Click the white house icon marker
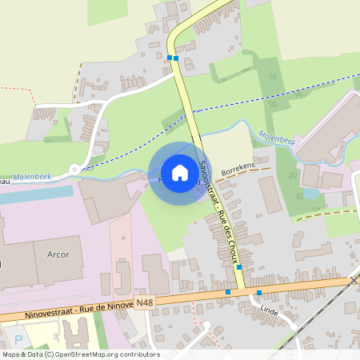pos(179,172)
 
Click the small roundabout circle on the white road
pos(74,169)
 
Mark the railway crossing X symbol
pos(354,281)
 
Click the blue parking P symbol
pos(18,339)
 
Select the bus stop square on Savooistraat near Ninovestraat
pos(239,268)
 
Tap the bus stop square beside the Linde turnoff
pos(258,292)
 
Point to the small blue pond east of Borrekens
pos(310,194)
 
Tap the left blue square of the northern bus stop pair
pos(170,58)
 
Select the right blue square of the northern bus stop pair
pos(176,58)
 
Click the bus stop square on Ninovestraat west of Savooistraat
pos(228,292)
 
